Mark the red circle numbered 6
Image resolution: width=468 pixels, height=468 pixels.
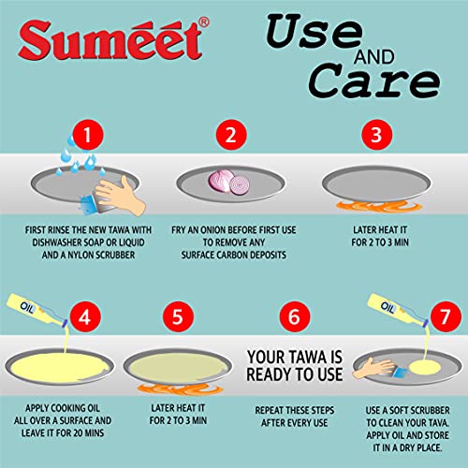coord(298,315)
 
